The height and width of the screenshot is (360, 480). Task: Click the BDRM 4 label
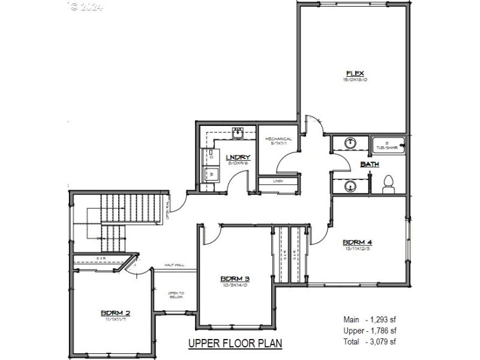point(358,243)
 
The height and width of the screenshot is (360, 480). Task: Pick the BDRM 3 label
point(235,278)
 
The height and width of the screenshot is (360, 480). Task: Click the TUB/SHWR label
point(386,146)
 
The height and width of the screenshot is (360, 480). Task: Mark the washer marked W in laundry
point(210,173)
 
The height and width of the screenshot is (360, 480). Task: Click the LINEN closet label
point(278,181)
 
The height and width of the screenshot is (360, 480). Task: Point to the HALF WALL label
point(173,265)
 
